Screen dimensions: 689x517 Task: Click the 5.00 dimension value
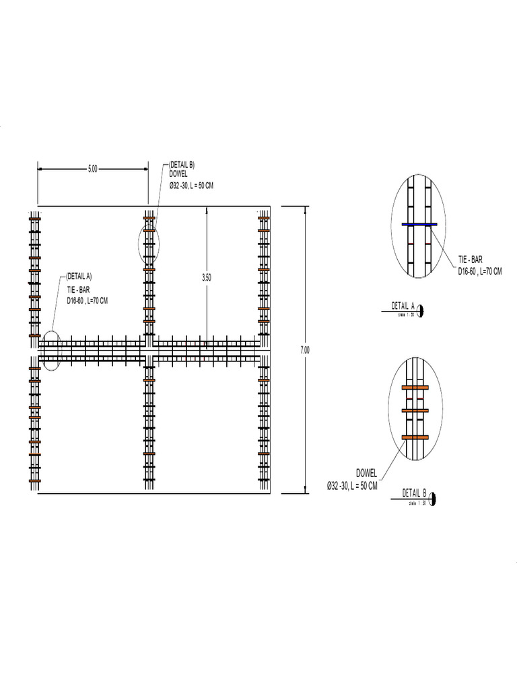coord(93,170)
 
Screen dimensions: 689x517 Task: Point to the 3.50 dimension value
coord(207,276)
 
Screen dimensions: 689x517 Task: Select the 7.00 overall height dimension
coord(305,349)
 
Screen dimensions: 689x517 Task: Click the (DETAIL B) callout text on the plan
coord(182,164)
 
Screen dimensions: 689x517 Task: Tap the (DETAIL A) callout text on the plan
coord(79,276)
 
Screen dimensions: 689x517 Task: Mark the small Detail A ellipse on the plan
coord(52,350)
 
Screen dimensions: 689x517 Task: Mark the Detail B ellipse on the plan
coord(149,244)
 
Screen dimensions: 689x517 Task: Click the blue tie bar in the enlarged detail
coord(419,225)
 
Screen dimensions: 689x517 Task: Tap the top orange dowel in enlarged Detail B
coord(415,388)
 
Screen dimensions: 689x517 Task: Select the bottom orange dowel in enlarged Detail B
coord(415,437)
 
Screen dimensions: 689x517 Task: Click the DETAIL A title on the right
coord(403,306)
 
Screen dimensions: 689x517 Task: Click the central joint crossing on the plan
coord(149,350)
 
